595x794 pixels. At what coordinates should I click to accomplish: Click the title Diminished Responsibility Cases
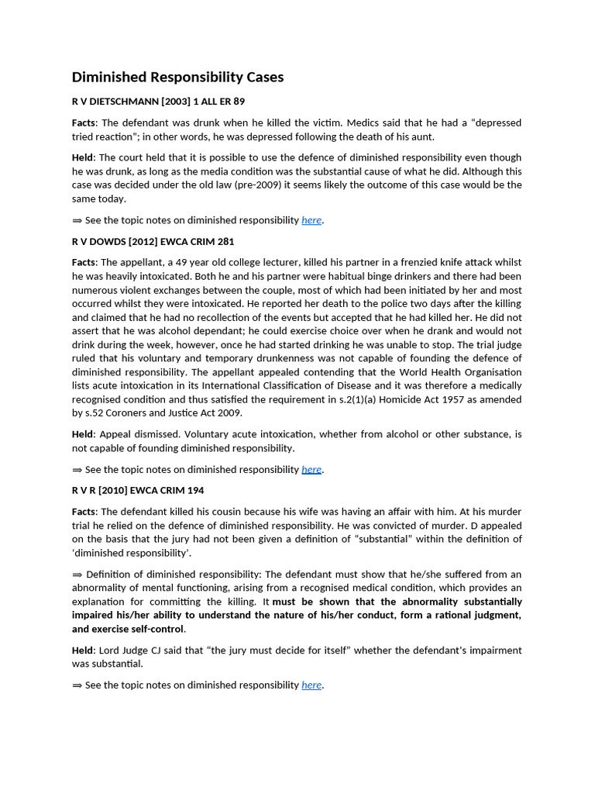pyautogui.click(x=177, y=77)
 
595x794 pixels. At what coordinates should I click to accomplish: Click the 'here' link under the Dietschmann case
pyautogui.click(x=311, y=220)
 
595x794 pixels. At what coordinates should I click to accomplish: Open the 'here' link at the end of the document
pyautogui.click(x=311, y=685)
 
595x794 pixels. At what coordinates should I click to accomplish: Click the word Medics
pyautogui.click(x=366, y=123)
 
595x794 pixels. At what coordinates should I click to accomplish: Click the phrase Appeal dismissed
pyautogui.click(x=142, y=434)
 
